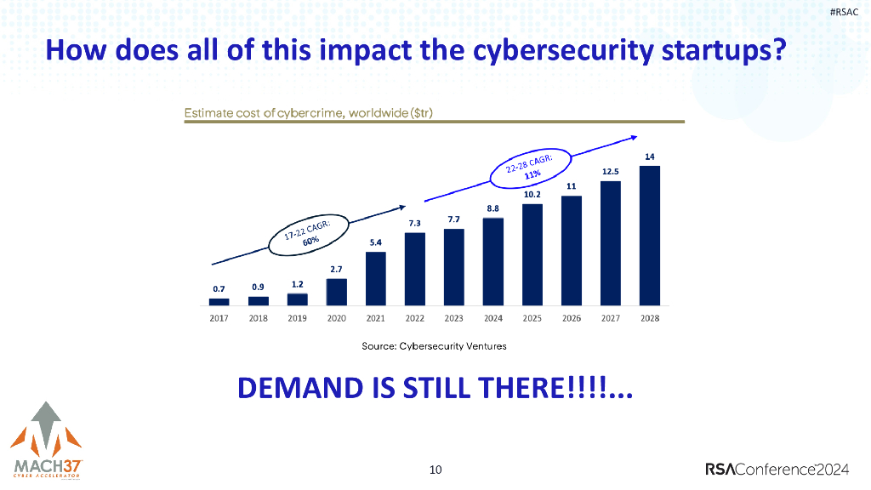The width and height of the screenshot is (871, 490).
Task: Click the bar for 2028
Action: tap(649, 235)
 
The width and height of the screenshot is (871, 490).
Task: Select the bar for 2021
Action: tap(375, 278)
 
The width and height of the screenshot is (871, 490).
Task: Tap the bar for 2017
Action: tap(219, 301)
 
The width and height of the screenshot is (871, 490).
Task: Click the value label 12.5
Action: tap(610, 172)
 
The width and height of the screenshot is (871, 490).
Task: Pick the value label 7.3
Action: tap(414, 223)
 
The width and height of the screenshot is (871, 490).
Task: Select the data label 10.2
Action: tap(532, 195)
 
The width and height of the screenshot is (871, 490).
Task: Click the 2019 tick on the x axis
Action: tap(297, 319)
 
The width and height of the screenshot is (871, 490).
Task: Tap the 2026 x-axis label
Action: tap(571, 319)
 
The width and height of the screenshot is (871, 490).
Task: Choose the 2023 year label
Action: tap(453, 319)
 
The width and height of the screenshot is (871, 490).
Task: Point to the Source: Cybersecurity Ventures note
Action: tap(434, 346)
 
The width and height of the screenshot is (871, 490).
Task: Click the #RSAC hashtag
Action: tap(844, 11)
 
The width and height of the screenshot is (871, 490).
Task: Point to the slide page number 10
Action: tap(435, 469)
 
